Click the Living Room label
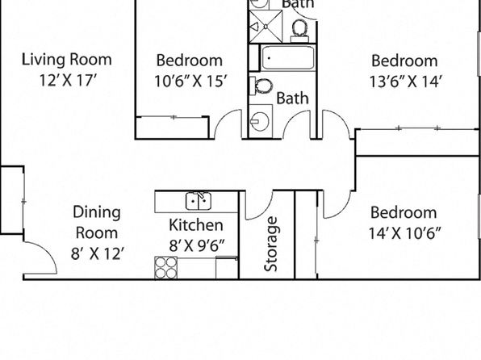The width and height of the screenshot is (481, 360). (x=66, y=59)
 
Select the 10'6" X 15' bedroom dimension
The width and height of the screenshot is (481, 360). (x=190, y=82)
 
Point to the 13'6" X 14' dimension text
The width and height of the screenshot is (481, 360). (x=405, y=82)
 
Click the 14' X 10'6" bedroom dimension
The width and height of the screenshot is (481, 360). (x=404, y=233)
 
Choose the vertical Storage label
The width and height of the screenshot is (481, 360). (x=271, y=245)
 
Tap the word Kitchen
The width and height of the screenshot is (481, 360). (x=196, y=225)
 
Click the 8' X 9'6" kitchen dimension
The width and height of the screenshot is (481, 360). (x=197, y=245)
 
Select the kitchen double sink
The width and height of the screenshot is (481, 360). (x=199, y=201)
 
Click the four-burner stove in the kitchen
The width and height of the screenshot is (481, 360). (x=166, y=268)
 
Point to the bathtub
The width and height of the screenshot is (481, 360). (x=288, y=57)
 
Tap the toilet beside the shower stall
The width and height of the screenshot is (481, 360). (x=300, y=31)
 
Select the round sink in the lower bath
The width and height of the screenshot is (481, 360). (x=260, y=121)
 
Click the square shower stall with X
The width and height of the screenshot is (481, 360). (x=266, y=27)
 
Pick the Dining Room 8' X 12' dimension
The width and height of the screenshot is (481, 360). (x=98, y=253)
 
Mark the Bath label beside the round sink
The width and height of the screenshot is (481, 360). (x=292, y=98)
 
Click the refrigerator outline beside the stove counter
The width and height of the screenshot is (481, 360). (x=227, y=268)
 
